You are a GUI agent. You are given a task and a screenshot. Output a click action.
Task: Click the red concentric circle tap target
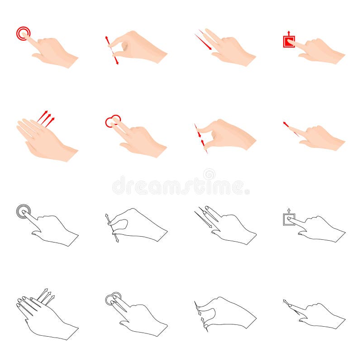click(x=23, y=33)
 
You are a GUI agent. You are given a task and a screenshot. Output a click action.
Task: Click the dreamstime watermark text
click(x=181, y=186)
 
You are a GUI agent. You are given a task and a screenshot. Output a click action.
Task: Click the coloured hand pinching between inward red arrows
click(x=229, y=135)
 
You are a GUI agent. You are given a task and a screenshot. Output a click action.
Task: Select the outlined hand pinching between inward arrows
click(x=229, y=312)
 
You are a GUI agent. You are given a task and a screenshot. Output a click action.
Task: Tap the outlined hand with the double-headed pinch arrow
click(x=140, y=224)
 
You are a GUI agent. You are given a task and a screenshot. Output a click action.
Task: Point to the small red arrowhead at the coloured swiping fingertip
click(x=285, y=123)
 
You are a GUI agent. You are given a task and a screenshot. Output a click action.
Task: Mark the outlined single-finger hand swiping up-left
click(x=317, y=314)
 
